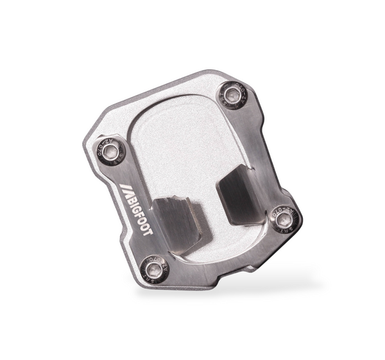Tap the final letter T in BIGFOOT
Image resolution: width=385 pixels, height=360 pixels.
click(147, 232)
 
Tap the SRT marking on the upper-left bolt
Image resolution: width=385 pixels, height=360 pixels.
click(121, 157)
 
